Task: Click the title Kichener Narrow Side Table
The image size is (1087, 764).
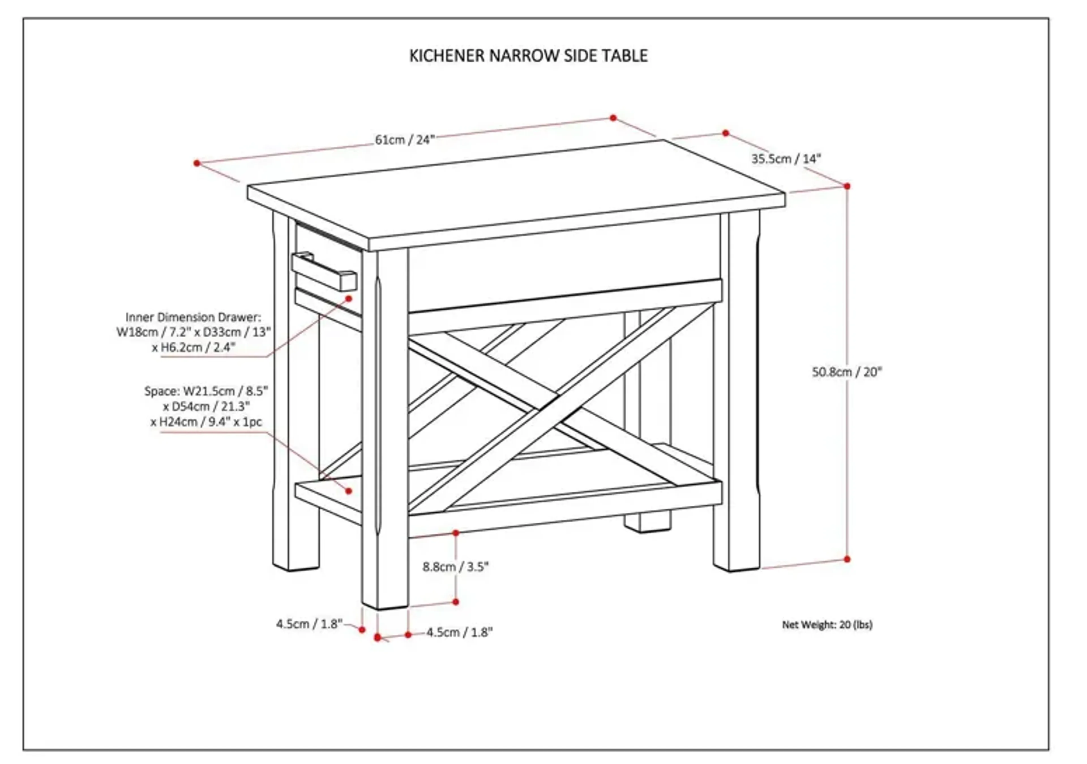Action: pyautogui.click(x=528, y=56)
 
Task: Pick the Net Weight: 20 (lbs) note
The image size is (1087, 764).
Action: pyautogui.click(x=827, y=624)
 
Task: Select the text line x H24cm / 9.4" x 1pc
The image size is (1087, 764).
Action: pyautogui.click(x=206, y=422)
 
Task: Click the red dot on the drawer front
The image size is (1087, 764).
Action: pyautogui.click(x=349, y=299)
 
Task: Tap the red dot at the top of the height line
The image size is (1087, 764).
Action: pyautogui.click(x=847, y=186)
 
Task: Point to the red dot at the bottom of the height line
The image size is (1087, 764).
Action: pyautogui.click(x=847, y=559)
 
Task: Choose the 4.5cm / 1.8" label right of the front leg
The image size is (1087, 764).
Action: pyautogui.click(x=459, y=632)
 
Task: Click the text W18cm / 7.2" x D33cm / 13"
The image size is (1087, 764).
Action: pyautogui.click(x=194, y=332)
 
